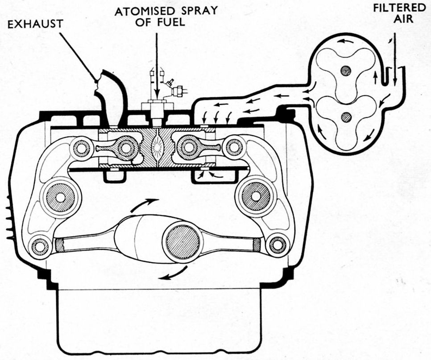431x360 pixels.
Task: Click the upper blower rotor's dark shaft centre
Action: click(x=345, y=70)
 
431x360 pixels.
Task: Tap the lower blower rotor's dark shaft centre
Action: click(x=345, y=117)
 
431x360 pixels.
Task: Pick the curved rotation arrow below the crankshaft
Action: click(x=174, y=273)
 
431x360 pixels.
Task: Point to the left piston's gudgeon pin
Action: click(x=125, y=147)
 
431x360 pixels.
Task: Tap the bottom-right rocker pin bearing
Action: click(x=278, y=244)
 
